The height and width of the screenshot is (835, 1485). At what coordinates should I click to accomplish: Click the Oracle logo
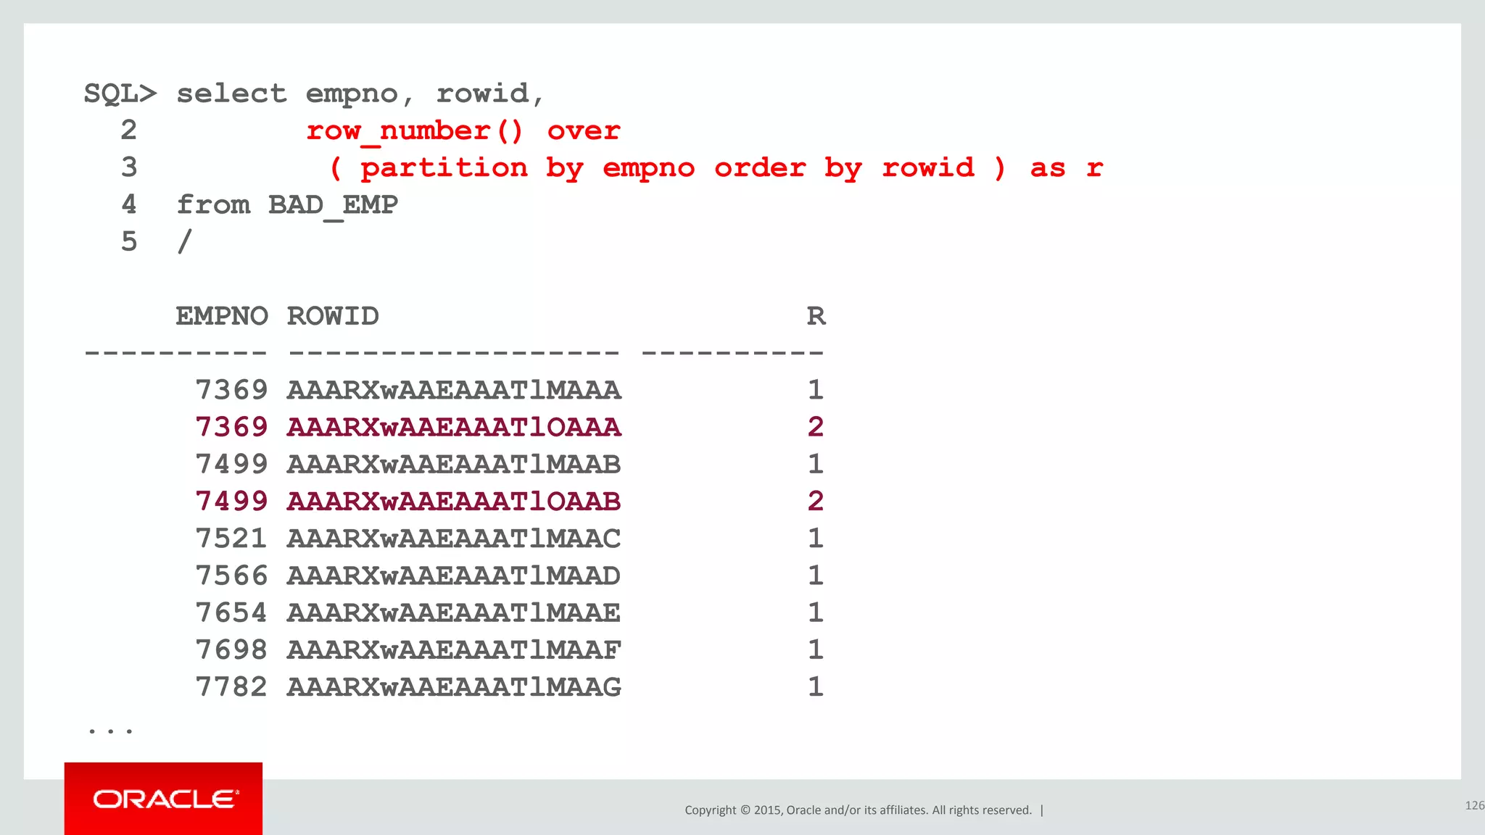[x=165, y=799]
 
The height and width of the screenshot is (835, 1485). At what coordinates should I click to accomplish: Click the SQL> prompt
[x=120, y=94]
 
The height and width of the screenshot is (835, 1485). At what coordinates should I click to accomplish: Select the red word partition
[x=444, y=168]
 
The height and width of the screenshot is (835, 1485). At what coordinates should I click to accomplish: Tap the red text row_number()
[x=414, y=131]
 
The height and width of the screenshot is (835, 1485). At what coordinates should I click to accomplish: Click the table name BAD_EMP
[x=333, y=205]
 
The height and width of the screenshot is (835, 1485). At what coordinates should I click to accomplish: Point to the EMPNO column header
[x=222, y=316]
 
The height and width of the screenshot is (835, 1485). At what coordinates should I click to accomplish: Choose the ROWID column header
[x=333, y=316]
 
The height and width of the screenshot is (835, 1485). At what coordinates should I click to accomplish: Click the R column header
[x=816, y=316]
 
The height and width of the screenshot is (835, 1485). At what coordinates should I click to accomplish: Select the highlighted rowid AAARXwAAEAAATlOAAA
[x=454, y=427]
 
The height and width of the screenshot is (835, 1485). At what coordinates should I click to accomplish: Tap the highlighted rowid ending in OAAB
[x=454, y=501]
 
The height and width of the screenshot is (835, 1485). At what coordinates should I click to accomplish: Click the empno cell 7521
[x=231, y=539]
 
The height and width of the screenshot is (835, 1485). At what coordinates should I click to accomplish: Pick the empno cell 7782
[x=231, y=686]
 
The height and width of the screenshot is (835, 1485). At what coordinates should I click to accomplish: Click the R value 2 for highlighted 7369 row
[x=816, y=427]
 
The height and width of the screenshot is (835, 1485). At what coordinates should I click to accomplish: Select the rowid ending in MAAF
[x=454, y=649]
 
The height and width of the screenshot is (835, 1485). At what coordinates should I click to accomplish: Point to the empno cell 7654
[x=231, y=612]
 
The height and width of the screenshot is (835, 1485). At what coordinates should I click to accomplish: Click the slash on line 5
[x=185, y=241]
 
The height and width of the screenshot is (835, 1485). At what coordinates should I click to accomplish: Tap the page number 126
[x=1474, y=805]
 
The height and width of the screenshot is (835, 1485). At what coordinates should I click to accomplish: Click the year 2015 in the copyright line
[x=767, y=810]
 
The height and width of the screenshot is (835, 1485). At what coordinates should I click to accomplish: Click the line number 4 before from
[x=129, y=205]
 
